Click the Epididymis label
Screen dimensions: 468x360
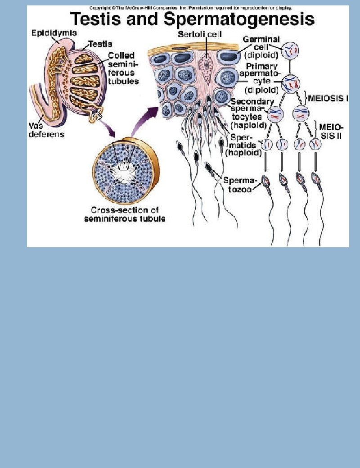[x=54, y=33]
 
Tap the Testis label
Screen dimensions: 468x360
[x=100, y=44]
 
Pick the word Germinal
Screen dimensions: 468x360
[x=261, y=40]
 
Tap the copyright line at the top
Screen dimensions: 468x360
[x=190, y=8]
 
